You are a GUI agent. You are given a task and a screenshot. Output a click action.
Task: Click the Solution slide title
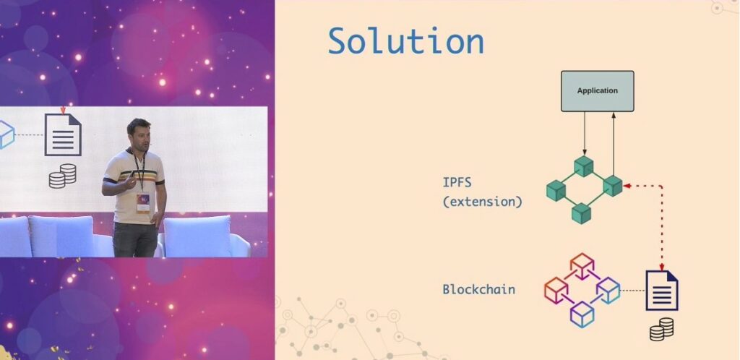406,40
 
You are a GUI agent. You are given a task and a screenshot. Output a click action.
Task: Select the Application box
597,91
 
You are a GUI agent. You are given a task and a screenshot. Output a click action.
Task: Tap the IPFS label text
457,181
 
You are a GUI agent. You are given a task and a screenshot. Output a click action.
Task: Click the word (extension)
482,202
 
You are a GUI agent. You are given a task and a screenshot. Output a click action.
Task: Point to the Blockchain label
478,288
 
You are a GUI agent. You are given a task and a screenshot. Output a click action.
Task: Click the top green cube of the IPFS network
584,166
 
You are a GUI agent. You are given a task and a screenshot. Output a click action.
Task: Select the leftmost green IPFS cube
556,191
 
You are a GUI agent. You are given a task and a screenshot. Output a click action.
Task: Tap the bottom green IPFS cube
582,213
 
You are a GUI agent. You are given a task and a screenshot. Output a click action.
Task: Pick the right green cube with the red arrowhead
613,186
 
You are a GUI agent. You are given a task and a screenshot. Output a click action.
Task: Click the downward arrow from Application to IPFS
584,134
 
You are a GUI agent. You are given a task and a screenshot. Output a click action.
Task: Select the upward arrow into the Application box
614,144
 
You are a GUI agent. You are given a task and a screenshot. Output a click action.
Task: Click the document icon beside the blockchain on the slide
662,290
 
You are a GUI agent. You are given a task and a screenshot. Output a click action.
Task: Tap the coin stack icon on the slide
661,329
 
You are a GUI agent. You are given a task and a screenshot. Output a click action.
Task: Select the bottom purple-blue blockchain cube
582,314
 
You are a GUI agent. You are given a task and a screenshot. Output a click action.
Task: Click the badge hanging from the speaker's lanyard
142,202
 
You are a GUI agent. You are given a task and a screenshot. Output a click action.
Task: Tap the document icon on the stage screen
63,134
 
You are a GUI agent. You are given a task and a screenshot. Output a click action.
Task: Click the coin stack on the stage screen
63,176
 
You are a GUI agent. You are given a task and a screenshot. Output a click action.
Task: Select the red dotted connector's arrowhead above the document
661,267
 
